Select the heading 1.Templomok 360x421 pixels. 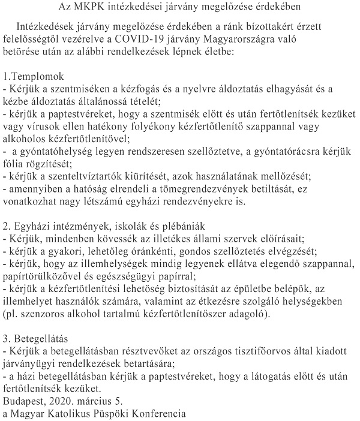coord(38,77)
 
